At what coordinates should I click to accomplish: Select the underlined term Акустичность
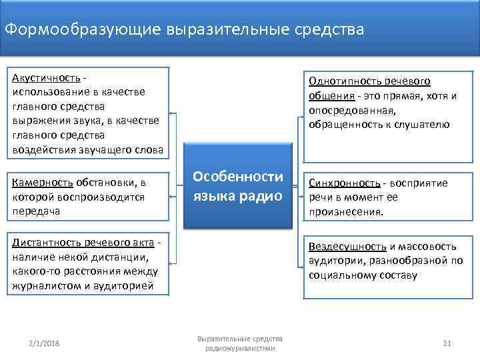click(x=43, y=77)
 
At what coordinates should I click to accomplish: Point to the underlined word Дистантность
click(x=46, y=241)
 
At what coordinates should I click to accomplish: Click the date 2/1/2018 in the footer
click(x=44, y=343)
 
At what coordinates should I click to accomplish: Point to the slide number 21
click(x=447, y=343)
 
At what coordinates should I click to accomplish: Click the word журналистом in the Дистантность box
click(x=43, y=285)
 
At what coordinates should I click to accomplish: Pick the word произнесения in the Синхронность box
click(x=345, y=212)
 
